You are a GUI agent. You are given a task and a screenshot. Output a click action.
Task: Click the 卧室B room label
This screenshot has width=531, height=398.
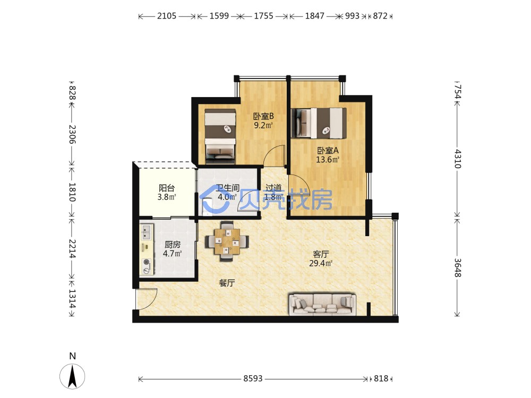coord(263,116)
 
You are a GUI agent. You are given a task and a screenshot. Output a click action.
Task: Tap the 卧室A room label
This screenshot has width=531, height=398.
coord(328,150)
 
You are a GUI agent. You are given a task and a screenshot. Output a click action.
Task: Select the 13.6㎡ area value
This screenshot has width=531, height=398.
coord(328,159)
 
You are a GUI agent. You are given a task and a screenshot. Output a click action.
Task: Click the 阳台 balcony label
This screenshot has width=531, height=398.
coord(167,188)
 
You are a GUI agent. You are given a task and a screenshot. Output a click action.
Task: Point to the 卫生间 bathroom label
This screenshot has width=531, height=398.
coord(228,188)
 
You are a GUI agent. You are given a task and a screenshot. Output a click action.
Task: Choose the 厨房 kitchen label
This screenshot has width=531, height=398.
coord(173,244)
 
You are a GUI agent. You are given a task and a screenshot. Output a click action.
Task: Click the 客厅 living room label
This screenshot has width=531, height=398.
coord(321,254)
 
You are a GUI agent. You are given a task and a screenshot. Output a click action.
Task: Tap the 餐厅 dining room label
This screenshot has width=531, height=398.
coord(227,283)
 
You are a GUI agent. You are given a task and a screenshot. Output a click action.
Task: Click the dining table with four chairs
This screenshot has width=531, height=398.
coord(227,241)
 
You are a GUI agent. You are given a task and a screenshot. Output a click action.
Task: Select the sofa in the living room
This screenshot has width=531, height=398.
coord(322,304)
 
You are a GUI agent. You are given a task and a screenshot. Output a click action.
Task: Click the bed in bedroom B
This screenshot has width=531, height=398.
coord(220,136)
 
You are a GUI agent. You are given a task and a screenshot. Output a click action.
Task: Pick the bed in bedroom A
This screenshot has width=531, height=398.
coord(319,123)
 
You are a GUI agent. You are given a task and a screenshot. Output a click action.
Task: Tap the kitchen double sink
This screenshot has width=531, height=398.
coord(147,232)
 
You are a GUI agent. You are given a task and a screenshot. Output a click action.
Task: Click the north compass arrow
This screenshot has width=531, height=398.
coord(72,376)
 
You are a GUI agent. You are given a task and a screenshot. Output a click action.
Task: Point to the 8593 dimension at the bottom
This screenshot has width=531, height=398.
coord(253,379)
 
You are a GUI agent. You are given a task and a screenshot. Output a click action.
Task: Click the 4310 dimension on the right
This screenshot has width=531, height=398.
coord(457,159)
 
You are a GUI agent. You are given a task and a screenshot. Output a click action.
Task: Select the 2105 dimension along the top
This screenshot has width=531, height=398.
coord(167,16)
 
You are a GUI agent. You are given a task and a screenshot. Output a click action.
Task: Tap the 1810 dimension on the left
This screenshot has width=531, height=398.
coord(72,192)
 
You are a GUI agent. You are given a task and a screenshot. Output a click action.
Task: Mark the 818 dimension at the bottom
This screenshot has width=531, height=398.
coord(381,379)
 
